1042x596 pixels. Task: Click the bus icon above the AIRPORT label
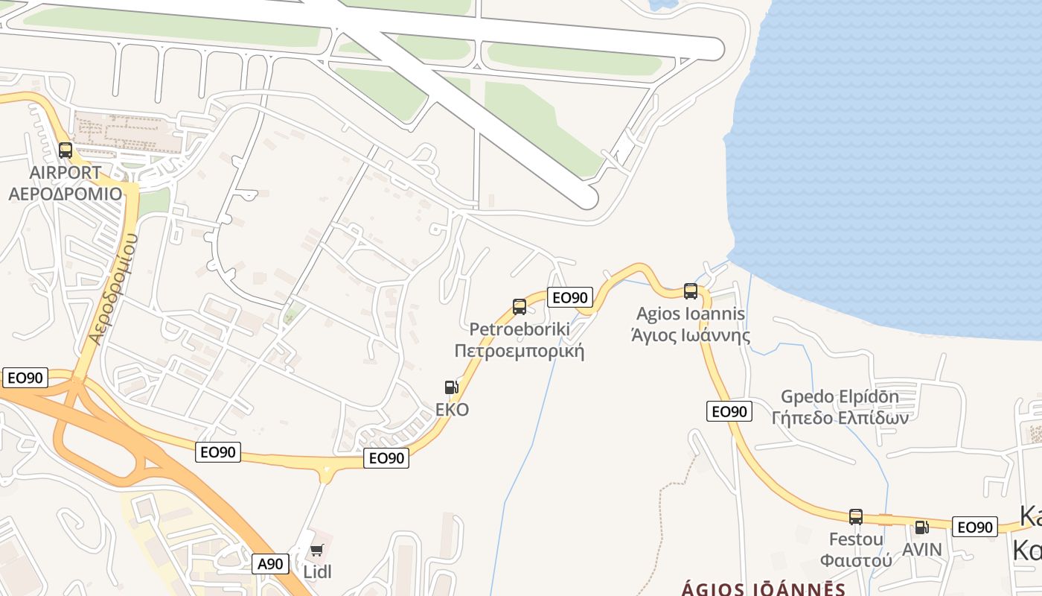tap(65, 150)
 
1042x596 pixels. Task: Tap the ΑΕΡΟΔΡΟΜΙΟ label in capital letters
tap(65, 194)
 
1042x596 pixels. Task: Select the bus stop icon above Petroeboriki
tap(520, 306)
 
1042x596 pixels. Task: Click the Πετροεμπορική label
tap(519, 351)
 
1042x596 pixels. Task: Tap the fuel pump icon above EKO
tap(451, 387)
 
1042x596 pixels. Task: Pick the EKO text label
tap(453, 410)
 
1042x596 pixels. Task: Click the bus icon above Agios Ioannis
tap(691, 291)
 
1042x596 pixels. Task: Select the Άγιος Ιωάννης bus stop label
tap(691, 335)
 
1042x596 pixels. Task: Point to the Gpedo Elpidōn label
tap(840, 396)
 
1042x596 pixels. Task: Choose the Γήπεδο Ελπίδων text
tap(840, 418)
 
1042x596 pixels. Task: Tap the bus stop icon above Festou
tap(856, 516)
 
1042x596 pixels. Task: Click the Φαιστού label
tap(856, 559)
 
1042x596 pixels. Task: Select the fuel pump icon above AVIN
tap(921, 527)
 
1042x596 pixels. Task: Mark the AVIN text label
tap(921, 550)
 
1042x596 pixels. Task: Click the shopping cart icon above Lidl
tap(317, 551)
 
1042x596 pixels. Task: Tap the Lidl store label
tap(317, 572)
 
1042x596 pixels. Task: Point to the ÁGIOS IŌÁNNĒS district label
tap(764, 589)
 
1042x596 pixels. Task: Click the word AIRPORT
tap(65, 173)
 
